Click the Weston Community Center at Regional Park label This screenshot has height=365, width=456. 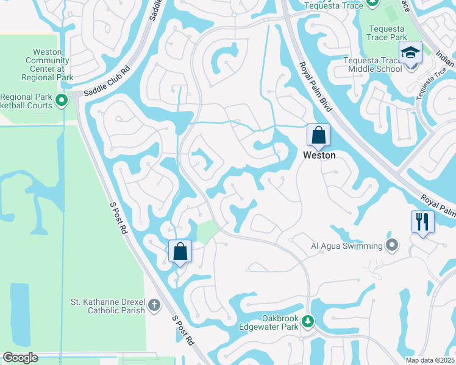pyautogui.click(x=47, y=64)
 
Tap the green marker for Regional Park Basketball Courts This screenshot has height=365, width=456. pyautogui.click(x=62, y=100)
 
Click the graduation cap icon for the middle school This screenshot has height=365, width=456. pyautogui.click(x=411, y=54)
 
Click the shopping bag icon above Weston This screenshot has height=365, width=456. pyautogui.click(x=318, y=136)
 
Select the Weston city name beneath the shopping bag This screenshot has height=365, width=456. pyautogui.click(x=319, y=156)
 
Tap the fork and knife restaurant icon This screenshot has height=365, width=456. pyautogui.click(x=422, y=222)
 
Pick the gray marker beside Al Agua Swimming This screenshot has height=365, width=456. pyautogui.click(x=392, y=246)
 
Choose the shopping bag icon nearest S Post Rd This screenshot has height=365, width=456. pyautogui.click(x=180, y=251)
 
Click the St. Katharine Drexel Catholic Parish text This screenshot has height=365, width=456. pyautogui.click(x=108, y=305)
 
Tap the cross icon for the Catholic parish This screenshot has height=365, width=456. pyautogui.click(x=154, y=305)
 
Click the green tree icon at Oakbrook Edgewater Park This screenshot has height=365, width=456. pyautogui.click(x=308, y=321)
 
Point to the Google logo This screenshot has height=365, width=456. pyautogui.click(x=20, y=358)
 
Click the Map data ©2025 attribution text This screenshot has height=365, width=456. pyautogui.click(x=430, y=360)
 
